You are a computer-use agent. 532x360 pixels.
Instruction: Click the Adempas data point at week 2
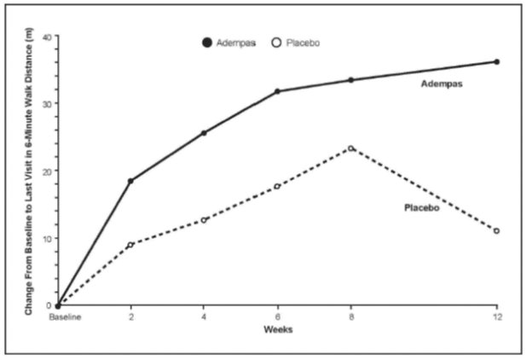pyautogui.click(x=130, y=181)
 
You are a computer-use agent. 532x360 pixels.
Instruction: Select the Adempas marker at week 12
pyautogui.click(x=496, y=61)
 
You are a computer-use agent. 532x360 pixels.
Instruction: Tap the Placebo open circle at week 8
pyautogui.click(x=350, y=148)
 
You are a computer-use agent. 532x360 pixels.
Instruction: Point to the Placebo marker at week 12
pyautogui.click(x=496, y=231)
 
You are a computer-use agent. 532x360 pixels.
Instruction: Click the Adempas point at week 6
pyautogui.click(x=277, y=91)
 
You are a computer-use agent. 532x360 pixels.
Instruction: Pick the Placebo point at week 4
pyautogui.click(x=204, y=220)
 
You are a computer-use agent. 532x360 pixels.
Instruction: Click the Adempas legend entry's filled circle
pyautogui.click(x=205, y=43)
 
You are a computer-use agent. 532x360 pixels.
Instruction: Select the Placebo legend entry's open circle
pyautogui.click(x=275, y=43)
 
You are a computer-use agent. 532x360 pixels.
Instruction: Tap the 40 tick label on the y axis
pyautogui.click(x=48, y=37)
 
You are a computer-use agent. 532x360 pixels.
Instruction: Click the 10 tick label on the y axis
pyautogui.click(x=48, y=238)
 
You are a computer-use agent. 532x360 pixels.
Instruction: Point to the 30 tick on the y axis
pyautogui.click(x=48, y=104)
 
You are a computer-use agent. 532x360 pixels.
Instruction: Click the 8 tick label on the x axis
pyautogui.click(x=350, y=318)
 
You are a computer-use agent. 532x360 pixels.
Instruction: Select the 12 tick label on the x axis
pyautogui.click(x=496, y=318)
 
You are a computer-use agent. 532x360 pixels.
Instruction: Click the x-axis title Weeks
pyautogui.click(x=277, y=329)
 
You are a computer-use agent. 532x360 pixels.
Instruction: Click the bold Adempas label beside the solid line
pyautogui.click(x=441, y=85)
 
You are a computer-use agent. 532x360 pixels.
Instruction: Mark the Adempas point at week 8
pyautogui.click(x=350, y=80)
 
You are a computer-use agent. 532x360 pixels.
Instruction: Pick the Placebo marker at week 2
pyautogui.click(x=130, y=245)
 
